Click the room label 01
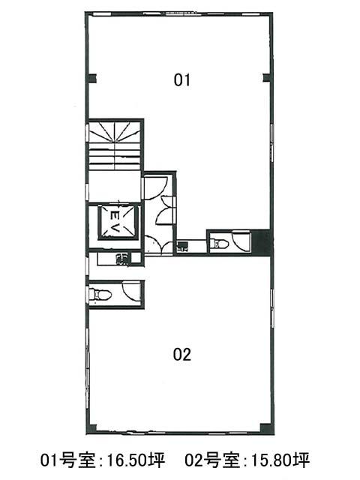[181, 80]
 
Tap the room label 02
[181, 354]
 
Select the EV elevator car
[116, 221]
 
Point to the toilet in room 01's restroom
[220, 244]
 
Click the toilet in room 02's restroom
[100, 295]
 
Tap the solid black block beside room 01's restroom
[260, 242]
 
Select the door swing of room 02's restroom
[131, 291]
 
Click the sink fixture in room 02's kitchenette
[123, 259]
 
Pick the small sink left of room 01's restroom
[183, 247]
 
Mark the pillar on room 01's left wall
[92, 78]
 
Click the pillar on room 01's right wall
[266, 78]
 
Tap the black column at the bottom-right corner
[265, 427]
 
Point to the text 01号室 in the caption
[68, 460]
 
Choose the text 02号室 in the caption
[212, 460]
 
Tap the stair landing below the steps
[115, 186]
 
